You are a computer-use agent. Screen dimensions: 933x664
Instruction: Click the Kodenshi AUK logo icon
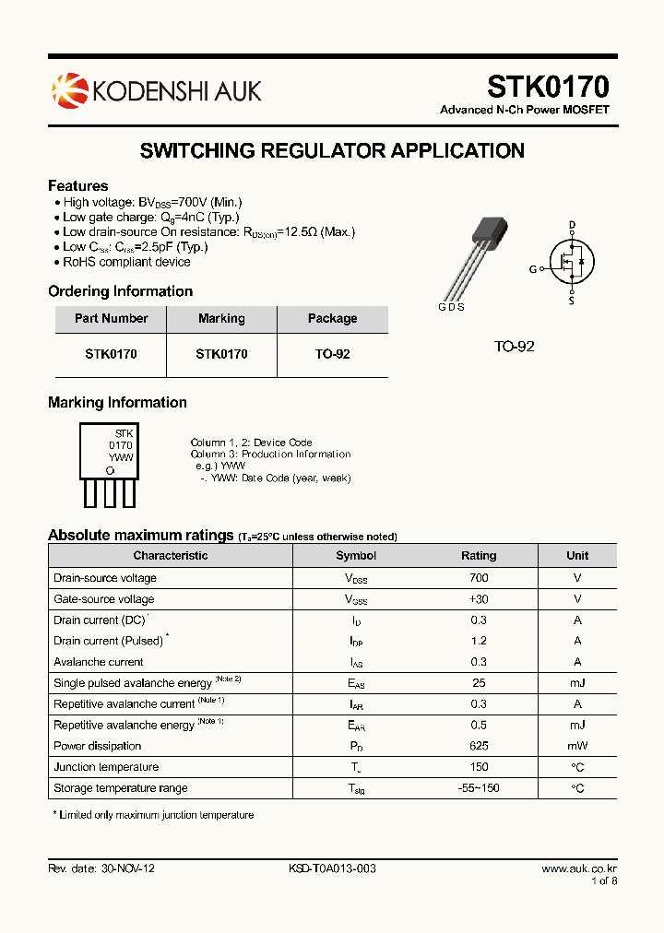pos(69,89)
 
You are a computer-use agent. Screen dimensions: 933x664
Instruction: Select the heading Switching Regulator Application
pos(332,151)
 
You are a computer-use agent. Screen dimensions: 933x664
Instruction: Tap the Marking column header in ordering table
pos(221,318)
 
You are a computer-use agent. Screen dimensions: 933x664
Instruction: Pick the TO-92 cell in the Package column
pos(332,354)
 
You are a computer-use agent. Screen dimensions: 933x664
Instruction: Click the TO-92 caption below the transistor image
pos(514,347)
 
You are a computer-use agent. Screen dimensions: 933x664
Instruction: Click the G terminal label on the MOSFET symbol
pos(532,269)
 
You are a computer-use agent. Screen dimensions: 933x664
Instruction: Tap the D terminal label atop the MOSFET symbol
pos(572,225)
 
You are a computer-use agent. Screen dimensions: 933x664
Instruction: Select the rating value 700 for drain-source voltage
pos(479,578)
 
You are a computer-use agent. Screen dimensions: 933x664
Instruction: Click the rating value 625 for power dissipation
pos(479,746)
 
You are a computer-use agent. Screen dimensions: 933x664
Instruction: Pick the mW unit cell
pos(577,746)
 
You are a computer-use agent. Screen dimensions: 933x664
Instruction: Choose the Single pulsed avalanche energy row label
pos(133,683)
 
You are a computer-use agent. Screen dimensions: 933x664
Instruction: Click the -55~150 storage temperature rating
pos(479,788)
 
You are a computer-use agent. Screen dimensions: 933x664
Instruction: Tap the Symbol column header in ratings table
pos(356,556)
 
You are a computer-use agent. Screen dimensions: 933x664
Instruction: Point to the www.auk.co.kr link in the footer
pos(578,868)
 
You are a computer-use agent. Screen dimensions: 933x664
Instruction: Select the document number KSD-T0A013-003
pos(332,868)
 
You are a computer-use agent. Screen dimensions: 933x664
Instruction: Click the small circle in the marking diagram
pos(110,470)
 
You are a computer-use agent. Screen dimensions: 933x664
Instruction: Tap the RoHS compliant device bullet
pos(126,262)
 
